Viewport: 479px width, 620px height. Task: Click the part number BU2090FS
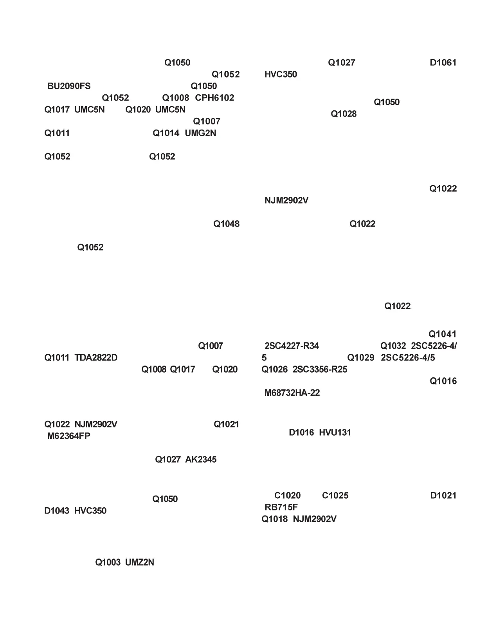[x=69, y=86]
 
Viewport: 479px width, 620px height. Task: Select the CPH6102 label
[x=214, y=98]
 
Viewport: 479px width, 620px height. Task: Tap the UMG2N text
[x=200, y=133]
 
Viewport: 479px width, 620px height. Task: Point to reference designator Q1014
[x=166, y=133]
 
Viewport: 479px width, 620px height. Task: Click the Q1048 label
[x=226, y=224]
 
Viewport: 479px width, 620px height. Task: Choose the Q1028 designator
[x=344, y=114]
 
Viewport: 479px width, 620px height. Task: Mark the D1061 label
[x=443, y=63]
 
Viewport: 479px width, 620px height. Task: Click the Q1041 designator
[x=442, y=334]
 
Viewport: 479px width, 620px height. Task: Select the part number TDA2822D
[x=96, y=358]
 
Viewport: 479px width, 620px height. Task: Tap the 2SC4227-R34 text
[x=292, y=346]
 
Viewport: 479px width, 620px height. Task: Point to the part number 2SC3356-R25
[x=320, y=369]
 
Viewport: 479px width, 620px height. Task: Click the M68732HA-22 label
[x=292, y=393]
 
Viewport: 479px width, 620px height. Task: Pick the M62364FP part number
[x=69, y=436]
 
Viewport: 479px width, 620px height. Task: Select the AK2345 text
[x=201, y=460]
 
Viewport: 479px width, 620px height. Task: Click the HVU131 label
[x=335, y=433]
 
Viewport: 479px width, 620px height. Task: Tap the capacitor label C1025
[x=335, y=496]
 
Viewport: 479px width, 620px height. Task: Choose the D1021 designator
[x=443, y=496]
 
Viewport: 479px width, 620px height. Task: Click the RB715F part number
[x=281, y=507]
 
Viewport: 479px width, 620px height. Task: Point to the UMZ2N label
[x=140, y=562]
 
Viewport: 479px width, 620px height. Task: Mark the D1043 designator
[x=57, y=511]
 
